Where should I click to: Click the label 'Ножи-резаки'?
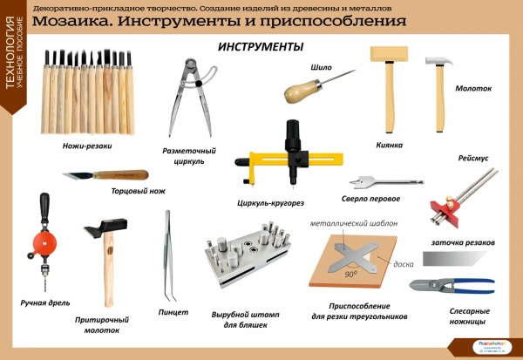pos(87,146)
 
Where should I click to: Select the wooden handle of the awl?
pos(296,90)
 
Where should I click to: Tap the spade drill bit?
pos(371,182)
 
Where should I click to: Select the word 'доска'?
pos(403,264)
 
